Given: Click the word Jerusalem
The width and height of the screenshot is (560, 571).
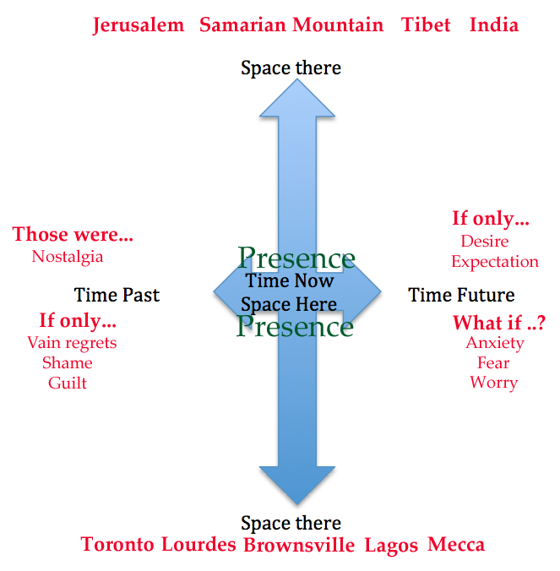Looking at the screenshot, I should (139, 24).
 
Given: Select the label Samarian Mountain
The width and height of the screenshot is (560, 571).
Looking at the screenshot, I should (291, 24).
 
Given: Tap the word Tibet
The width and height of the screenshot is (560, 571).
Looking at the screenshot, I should (426, 24).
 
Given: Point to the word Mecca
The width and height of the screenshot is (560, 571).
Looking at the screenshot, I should (456, 544).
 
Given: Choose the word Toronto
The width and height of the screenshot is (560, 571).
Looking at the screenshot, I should (117, 544).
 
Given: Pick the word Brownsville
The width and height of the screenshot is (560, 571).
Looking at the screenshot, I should (299, 545).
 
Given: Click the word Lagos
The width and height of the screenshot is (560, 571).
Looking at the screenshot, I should (391, 546).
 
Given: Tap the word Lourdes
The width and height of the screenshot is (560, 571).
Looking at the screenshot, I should (198, 544).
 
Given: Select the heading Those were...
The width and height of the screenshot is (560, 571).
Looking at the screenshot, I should (73, 234).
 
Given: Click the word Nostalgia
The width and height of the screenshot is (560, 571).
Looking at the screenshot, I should (68, 256).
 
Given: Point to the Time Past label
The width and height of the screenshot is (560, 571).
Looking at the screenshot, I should (117, 295).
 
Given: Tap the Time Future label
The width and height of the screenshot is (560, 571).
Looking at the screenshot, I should (461, 295).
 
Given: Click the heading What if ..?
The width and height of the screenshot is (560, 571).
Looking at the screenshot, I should (498, 323).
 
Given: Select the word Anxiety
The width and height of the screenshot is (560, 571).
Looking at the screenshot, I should (495, 343).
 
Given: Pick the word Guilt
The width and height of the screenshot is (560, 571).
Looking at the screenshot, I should (68, 383).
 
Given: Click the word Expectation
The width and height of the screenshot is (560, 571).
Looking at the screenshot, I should (495, 262).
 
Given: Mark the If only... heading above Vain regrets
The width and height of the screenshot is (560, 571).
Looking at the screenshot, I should (78, 321).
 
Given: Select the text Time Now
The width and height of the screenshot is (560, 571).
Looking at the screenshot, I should (290, 281).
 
